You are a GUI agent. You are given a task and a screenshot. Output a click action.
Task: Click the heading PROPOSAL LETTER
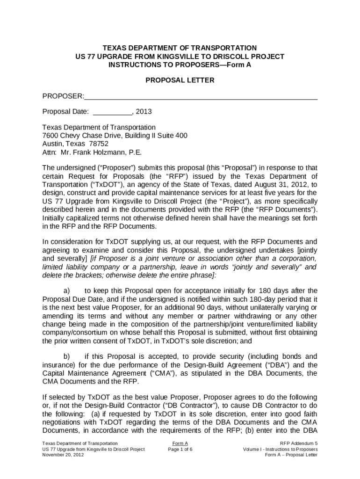180,80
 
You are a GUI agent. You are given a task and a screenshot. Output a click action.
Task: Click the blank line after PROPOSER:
201,96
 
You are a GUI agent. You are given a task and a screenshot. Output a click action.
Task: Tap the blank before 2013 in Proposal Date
113,112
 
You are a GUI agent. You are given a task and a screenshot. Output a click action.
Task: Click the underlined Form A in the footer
180,443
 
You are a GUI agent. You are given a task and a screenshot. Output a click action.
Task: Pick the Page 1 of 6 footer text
180,449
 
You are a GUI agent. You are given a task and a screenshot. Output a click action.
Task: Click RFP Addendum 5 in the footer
299,443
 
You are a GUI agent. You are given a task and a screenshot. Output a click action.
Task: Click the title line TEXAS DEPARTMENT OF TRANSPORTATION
180,48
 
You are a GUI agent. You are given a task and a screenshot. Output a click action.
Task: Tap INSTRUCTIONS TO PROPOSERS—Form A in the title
180,65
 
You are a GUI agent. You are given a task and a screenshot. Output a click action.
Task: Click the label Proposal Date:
65,112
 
